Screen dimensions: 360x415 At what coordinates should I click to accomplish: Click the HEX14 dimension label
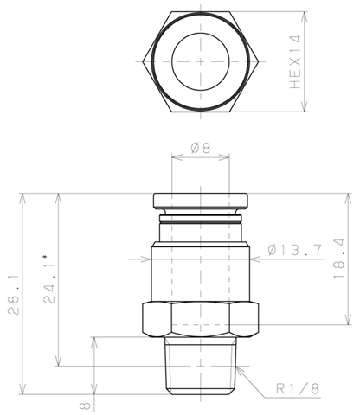tap(296, 62)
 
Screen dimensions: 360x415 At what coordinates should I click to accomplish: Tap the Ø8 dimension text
tap(201, 149)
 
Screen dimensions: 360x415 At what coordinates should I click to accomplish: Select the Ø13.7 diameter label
tap(294, 250)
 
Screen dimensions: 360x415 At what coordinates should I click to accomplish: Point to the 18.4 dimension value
tap(339, 259)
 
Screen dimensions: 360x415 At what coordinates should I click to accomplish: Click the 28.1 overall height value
tap(14, 294)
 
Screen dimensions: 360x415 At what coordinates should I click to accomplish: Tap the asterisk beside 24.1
tap(45, 256)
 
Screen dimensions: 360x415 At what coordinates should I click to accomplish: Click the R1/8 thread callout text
tap(298, 388)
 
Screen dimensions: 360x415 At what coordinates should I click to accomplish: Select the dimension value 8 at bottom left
tap(86, 406)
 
